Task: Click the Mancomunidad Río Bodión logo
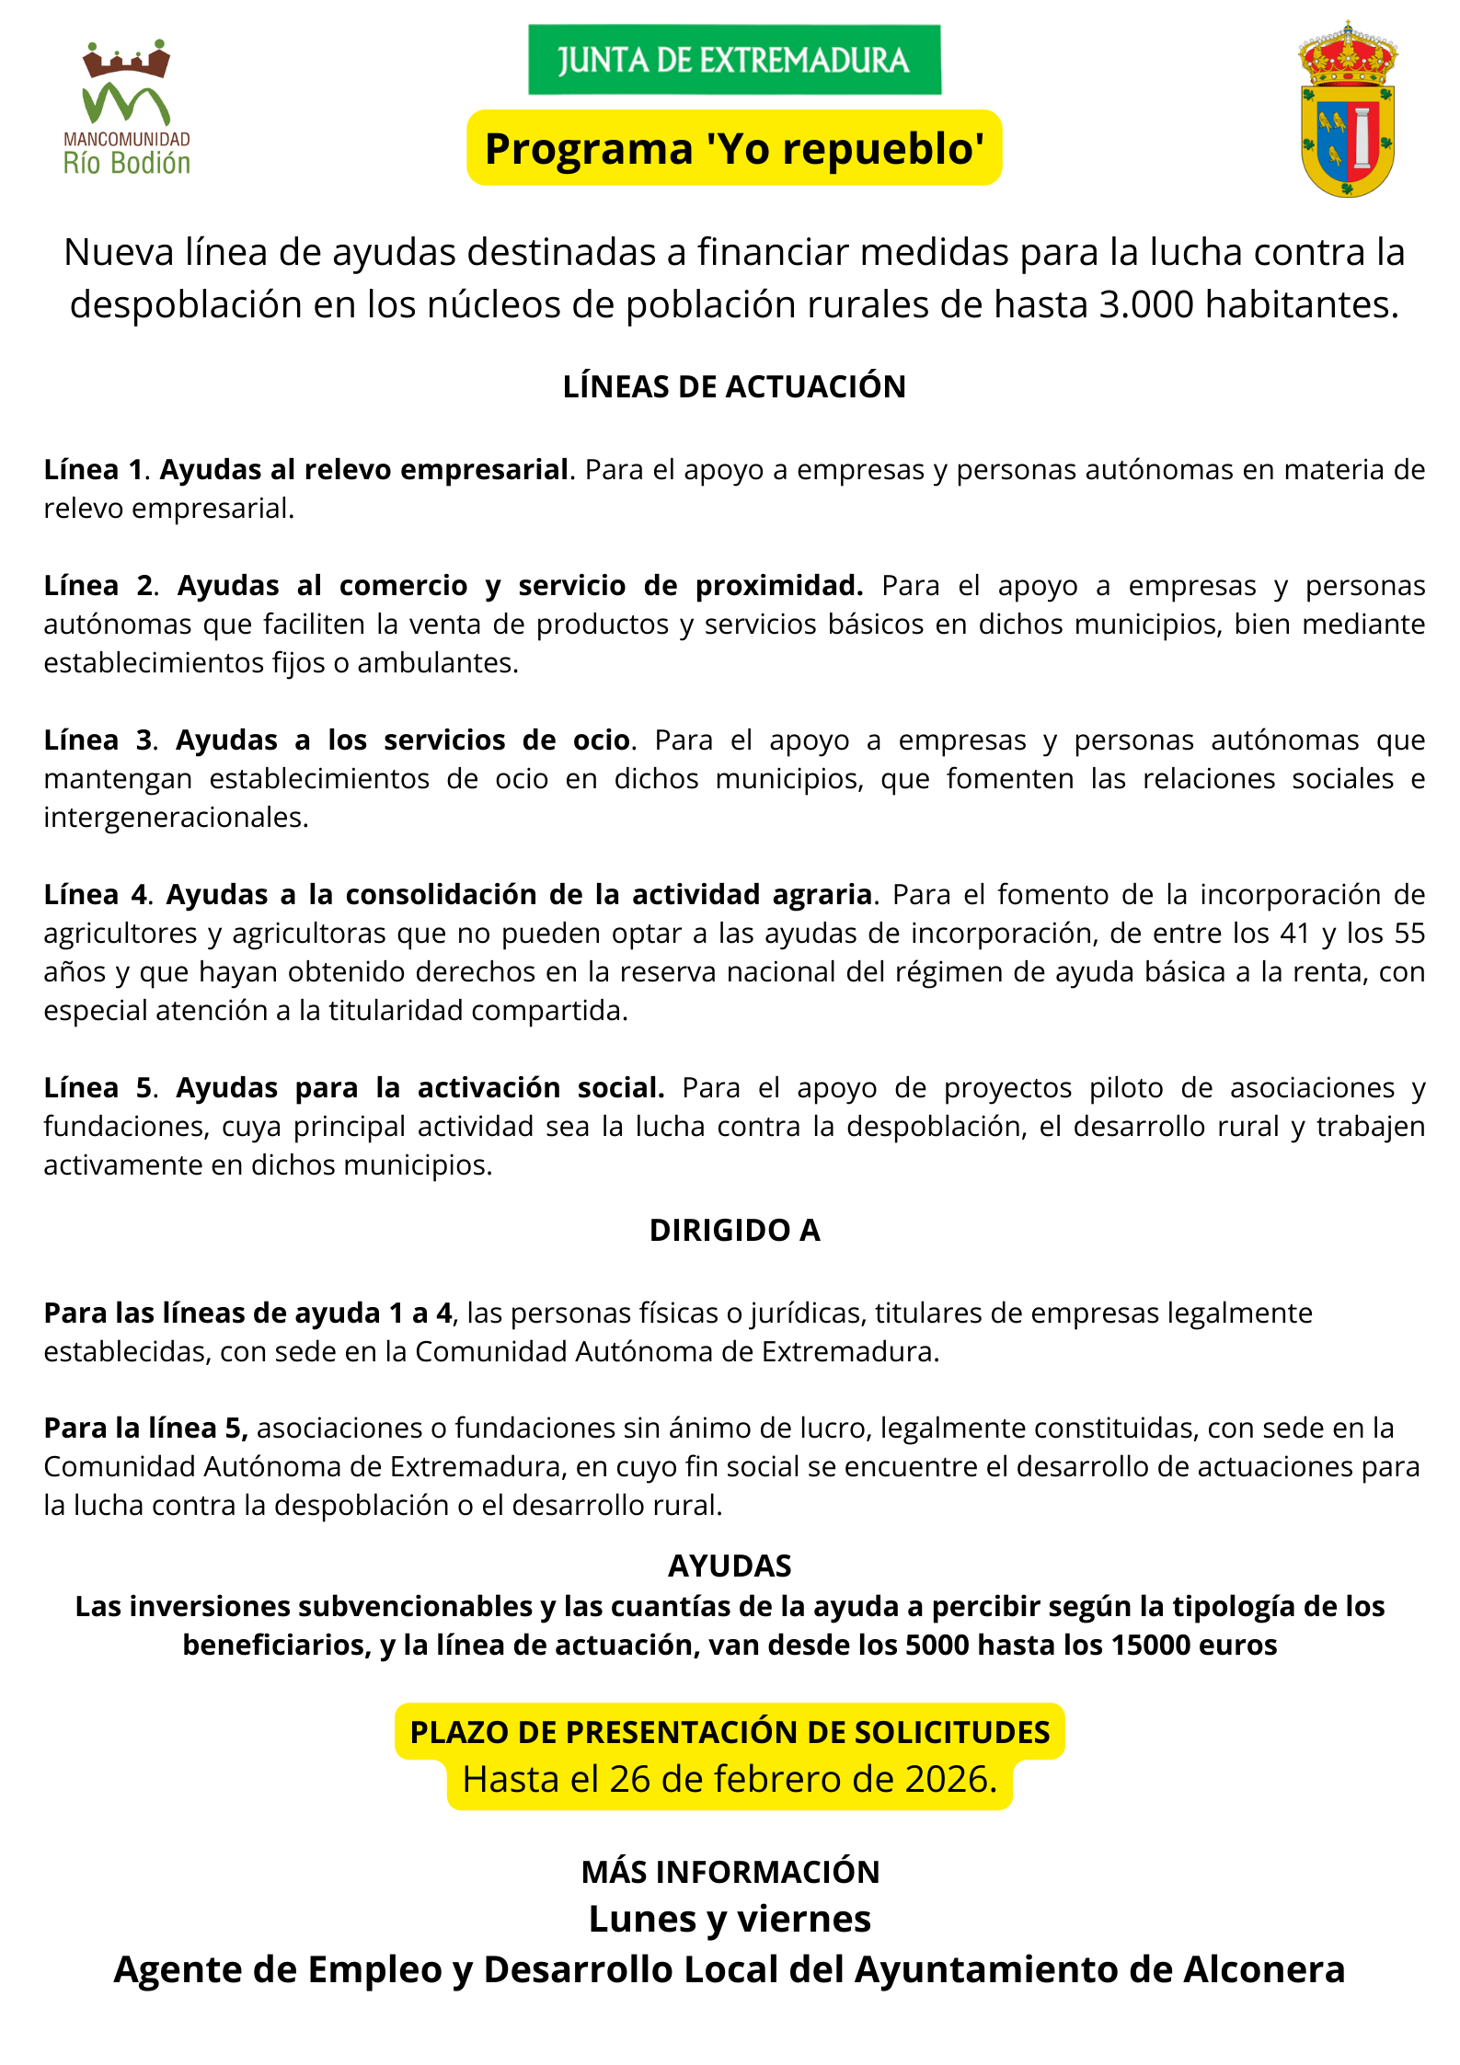click(x=126, y=109)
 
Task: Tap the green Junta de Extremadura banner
click(x=734, y=60)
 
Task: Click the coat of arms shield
click(x=1348, y=110)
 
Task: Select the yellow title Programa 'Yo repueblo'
click(x=734, y=148)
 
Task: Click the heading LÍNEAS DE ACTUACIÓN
click(x=734, y=386)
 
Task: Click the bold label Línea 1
click(x=93, y=469)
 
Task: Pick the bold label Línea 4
click(x=96, y=894)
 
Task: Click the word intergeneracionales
click(x=175, y=817)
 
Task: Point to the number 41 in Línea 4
click(x=1296, y=933)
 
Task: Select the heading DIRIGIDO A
click(x=734, y=1230)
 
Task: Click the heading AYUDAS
click(x=730, y=1566)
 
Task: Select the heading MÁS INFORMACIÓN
click(x=730, y=1872)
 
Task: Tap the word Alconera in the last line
click(x=1264, y=1969)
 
